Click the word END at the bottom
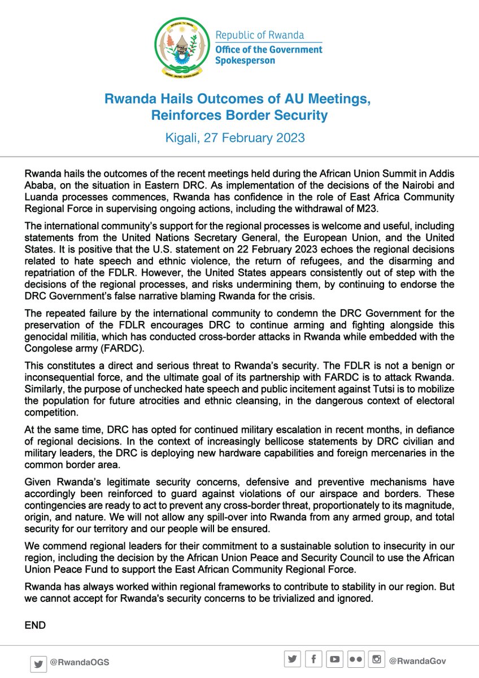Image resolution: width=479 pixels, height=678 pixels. click(35, 625)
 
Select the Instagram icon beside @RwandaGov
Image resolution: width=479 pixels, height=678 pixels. click(377, 659)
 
